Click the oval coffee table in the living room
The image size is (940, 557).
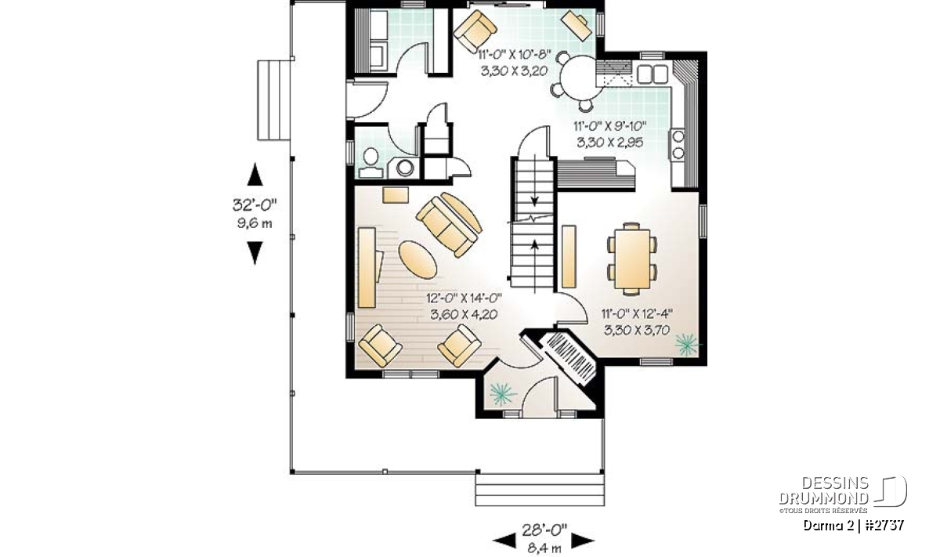(417, 259)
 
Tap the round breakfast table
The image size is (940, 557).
(578, 78)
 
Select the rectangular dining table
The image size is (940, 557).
(632, 259)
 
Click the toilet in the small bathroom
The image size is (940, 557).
(370, 164)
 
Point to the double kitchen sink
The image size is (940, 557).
(652, 74)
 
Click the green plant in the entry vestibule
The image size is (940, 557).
(502, 395)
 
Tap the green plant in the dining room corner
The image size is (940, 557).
(687, 344)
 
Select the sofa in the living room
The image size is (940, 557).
(449, 225)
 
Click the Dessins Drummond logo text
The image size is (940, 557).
(823, 490)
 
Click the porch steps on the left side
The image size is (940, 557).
(273, 100)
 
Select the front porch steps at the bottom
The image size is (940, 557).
(540, 490)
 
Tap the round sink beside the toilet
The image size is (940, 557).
(405, 168)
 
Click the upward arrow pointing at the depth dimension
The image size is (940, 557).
(255, 175)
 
